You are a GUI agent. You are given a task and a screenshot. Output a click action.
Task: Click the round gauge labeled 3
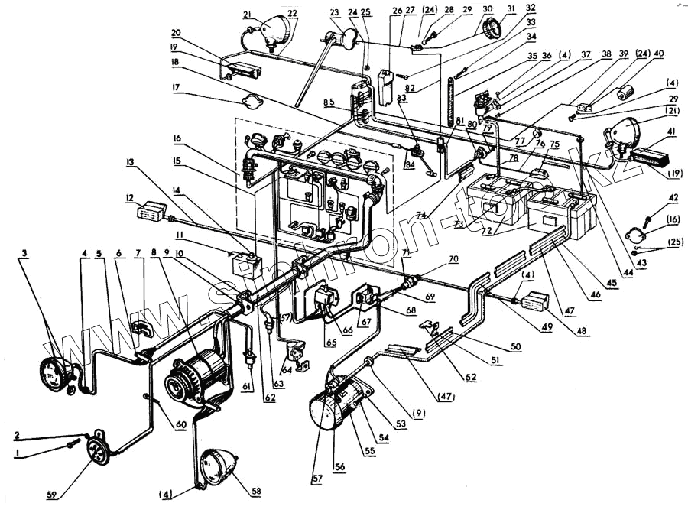[x=56, y=377]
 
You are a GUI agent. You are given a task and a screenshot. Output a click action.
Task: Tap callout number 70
[x=453, y=259]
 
